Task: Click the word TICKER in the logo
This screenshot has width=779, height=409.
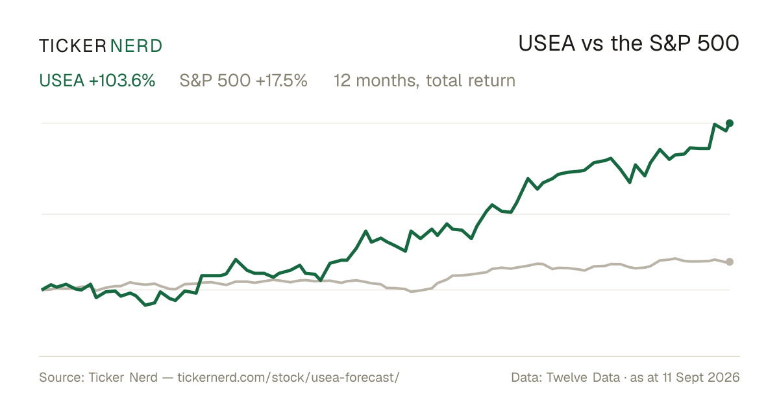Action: coord(73,46)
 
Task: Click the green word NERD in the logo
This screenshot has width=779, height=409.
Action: coord(136,46)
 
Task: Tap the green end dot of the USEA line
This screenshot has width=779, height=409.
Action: coord(730,123)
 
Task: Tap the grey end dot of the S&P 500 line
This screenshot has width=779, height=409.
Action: coord(730,262)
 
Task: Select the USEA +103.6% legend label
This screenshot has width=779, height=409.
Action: coord(97,81)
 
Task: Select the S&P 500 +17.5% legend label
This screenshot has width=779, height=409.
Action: coord(243,81)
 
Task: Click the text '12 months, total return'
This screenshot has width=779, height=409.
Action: coord(425,81)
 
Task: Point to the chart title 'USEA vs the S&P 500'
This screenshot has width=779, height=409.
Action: coord(629,43)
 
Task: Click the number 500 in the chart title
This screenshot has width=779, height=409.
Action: coord(718,43)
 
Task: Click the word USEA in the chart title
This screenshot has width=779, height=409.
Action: coord(547,43)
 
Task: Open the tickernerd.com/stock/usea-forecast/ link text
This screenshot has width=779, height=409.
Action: coord(289,377)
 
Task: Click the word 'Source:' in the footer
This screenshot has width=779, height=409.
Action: coord(62,377)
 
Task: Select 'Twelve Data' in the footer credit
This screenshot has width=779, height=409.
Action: coord(583,377)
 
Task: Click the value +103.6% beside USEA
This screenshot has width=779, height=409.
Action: coord(122,81)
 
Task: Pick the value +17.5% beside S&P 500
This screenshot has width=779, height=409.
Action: coord(282,81)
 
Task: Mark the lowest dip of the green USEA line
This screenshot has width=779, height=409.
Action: coord(145,305)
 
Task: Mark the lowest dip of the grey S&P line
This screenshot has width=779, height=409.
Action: coord(412,291)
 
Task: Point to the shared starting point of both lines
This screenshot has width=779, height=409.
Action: coord(42,290)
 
